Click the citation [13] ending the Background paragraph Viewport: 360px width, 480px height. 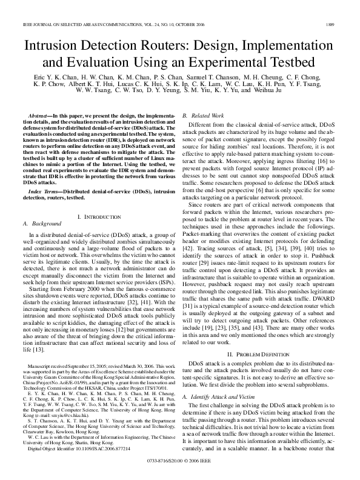38,333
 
